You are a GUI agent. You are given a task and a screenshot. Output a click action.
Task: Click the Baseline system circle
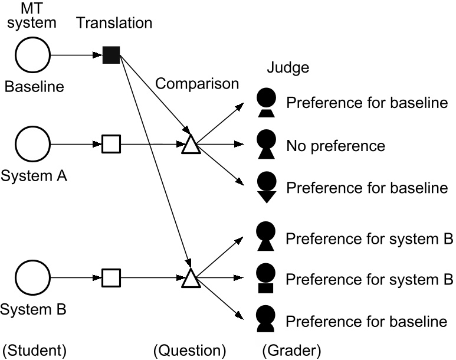pyautogui.click(x=33, y=55)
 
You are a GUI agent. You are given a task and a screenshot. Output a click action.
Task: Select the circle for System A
pyautogui.click(x=33, y=143)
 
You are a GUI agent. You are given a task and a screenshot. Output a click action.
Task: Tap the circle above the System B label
pyautogui.click(x=33, y=278)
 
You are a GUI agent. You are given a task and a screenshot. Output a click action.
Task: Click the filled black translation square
pyautogui.click(x=111, y=55)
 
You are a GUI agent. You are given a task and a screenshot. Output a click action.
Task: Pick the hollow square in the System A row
pyautogui.click(x=111, y=143)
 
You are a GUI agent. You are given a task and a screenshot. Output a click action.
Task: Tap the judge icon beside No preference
pyautogui.click(x=267, y=145)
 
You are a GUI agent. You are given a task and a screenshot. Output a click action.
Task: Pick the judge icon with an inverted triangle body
pyautogui.click(x=267, y=188)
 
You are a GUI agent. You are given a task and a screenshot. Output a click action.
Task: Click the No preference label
pyautogui.click(x=335, y=145)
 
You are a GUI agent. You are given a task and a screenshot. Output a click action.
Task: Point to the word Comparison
pyautogui.click(x=197, y=84)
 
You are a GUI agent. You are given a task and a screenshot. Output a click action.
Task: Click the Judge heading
pyautogui.click(x=288, y=68)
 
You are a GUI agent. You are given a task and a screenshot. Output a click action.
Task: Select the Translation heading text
pyautogui.click(x=114, y=24)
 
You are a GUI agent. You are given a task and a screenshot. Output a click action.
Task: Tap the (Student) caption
pyautogui.click(x=35, y=351)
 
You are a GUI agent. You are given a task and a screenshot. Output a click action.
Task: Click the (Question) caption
pyautogui.click(x=189, y=351)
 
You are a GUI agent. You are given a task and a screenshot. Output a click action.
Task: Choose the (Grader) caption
pyautogui.click(x=291, y=351)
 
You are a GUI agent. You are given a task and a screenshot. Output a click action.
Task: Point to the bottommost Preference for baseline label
pyautogui.click(x=366, y=322)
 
